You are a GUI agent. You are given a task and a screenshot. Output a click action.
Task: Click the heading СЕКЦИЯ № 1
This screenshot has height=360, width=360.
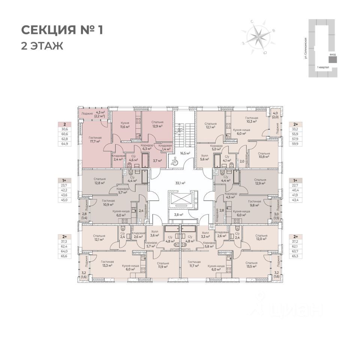61,30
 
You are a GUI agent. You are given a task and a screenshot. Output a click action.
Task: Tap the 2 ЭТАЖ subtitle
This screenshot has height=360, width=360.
42,46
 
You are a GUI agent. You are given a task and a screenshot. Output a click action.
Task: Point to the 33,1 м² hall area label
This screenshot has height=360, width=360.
180,183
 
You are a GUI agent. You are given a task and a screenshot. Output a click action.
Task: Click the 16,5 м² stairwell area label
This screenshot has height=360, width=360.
185,153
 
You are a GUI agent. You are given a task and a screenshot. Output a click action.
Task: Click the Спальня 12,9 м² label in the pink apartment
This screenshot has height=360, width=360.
157,124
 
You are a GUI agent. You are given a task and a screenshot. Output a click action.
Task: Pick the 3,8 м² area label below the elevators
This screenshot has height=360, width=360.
178,215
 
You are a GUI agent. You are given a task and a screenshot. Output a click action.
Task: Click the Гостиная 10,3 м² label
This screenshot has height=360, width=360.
250,119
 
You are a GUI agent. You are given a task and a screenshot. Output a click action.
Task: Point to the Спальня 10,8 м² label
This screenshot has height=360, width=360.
264,156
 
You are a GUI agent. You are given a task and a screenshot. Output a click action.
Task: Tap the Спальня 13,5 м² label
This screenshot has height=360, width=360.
251,265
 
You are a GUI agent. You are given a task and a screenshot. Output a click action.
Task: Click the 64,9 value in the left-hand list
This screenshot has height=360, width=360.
65,144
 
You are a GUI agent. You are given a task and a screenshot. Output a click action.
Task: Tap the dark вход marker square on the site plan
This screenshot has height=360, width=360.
332,60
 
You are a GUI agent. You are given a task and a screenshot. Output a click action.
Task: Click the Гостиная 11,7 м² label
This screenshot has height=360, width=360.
194,264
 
